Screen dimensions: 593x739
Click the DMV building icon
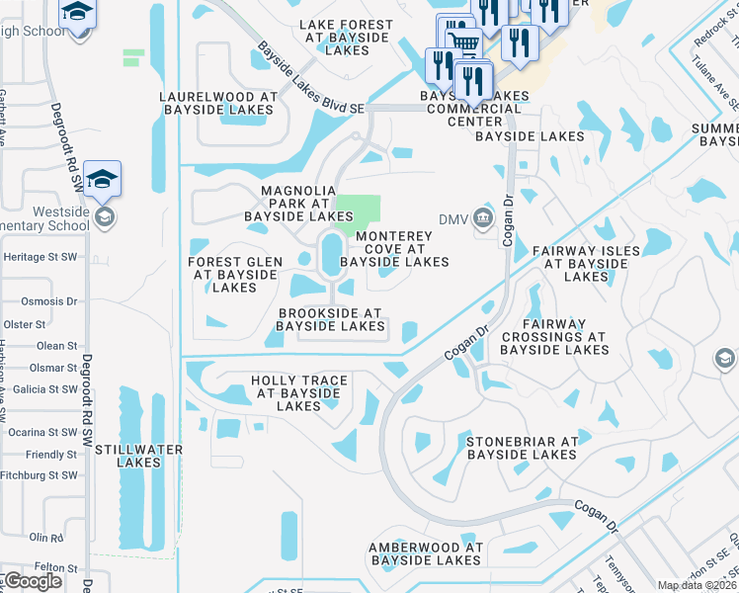[x=482, y=217]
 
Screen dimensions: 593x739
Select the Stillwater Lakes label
[x=138, y=456]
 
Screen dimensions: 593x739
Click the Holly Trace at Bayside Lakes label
[x=298, y=392]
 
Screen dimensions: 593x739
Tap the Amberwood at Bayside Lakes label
[x=426, y=553]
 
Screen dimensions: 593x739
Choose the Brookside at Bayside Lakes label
[x=330, y=319]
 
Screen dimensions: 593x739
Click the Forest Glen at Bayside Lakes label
[x=235, y=275]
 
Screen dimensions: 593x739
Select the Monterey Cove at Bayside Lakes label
[x=394, y=249]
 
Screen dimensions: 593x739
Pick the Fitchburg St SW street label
[x=39, y=475]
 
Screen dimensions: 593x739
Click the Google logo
[x=32, y=581]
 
